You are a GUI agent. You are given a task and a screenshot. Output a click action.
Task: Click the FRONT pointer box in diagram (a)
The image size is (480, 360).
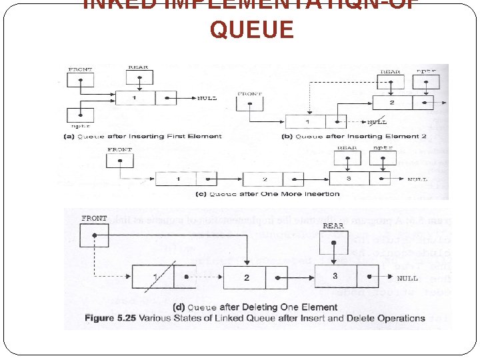(x=81, y=79)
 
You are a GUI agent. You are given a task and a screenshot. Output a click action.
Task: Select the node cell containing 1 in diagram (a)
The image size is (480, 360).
(x=135, y=97)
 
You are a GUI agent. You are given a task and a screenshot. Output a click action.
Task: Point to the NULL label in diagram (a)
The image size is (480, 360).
(x=207, y=98)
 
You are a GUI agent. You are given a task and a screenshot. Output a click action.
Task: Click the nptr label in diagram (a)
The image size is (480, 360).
(x=81, y=125)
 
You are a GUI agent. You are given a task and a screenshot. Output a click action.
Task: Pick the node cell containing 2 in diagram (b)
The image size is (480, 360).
(x=392, y=102)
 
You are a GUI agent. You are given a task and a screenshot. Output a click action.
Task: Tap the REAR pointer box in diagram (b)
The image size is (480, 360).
(x=390, y=83)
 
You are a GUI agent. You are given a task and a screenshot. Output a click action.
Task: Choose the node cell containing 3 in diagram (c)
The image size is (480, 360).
(x=349, y=178)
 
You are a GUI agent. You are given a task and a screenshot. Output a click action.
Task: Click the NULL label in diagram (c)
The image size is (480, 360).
(x=417, y=179)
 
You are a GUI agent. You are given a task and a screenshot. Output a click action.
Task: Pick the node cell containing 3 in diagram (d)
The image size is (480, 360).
(x=335, y=275)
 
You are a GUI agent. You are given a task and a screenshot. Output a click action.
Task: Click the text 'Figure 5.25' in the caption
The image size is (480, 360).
(x=109, y=318)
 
